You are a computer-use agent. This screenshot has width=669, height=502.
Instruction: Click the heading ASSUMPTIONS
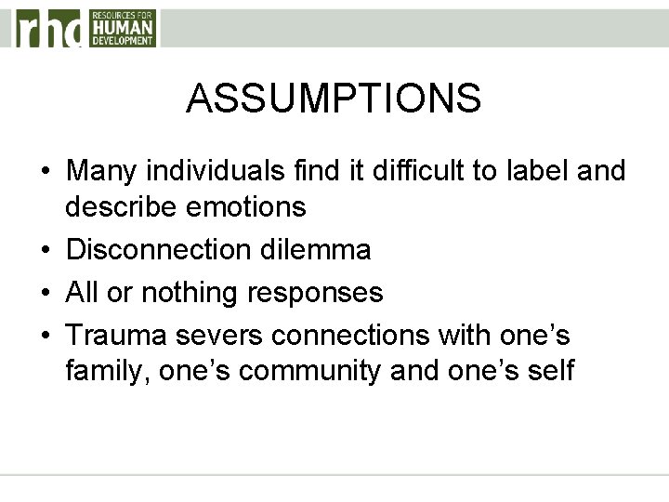334,98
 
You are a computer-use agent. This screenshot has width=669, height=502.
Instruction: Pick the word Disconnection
152,249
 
